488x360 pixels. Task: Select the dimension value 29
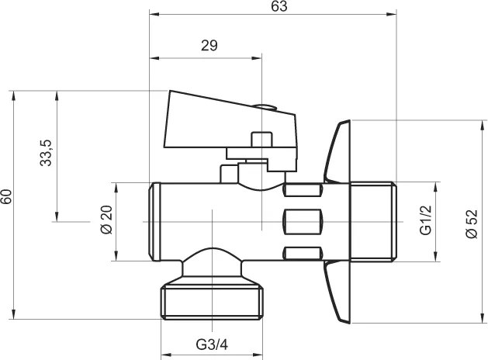[209, 45]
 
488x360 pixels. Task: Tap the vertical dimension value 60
[7, 197]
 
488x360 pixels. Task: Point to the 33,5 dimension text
[47, 153]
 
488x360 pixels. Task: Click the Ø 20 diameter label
[106, 222]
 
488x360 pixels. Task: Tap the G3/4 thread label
[212, 344]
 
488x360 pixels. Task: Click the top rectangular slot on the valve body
[303, 189]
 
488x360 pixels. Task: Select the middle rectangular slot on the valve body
[303, 221]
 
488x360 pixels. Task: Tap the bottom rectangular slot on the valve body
[303, 253]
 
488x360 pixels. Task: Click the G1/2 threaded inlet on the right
[372, 222]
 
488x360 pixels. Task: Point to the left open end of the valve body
[155, 222]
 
